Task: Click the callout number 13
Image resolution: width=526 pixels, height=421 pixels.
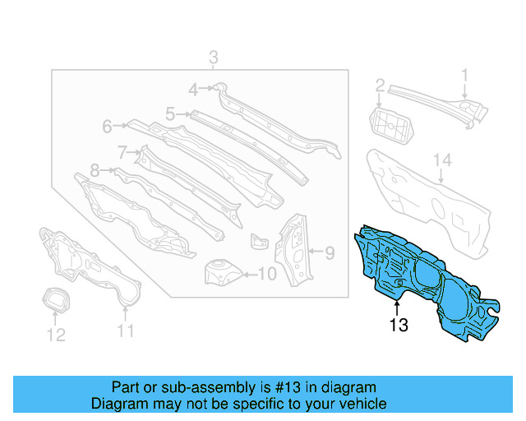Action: click(399, 326)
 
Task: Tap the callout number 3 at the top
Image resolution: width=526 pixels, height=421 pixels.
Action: click(213, 58)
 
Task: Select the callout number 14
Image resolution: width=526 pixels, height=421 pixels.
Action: click(442, 159)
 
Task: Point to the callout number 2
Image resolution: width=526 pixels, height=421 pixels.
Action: click(380, 86)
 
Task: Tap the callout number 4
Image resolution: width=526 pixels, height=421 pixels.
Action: click(193, 90)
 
